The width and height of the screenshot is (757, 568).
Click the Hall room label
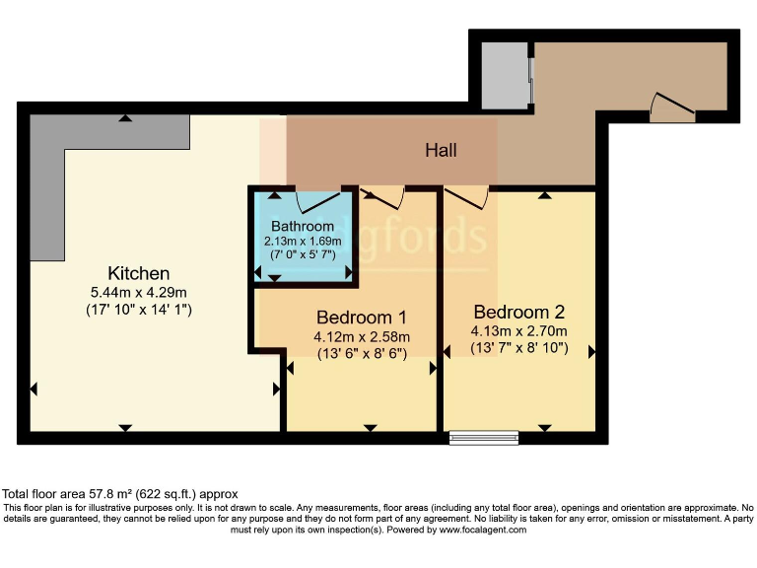pos(442,151)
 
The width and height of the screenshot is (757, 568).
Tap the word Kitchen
pos(139,273)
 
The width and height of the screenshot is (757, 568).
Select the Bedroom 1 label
pos(362,318)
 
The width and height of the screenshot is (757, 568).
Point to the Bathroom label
pos(303,226)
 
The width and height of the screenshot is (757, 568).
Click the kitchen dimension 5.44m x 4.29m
pos(139,292)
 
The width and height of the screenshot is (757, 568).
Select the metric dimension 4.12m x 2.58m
pos(362,336)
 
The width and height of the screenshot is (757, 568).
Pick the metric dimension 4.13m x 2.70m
pos(519,330)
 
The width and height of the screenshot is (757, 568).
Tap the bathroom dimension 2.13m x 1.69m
pos(303,241)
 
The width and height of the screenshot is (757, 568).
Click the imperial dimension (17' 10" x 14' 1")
pos(139,310)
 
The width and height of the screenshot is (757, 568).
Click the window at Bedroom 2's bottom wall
pos(483,437)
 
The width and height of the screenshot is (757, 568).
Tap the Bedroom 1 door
pos(383,197)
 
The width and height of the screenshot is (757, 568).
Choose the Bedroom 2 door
pos(466,197)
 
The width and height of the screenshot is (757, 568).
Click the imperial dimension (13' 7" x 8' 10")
pos(519,348)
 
